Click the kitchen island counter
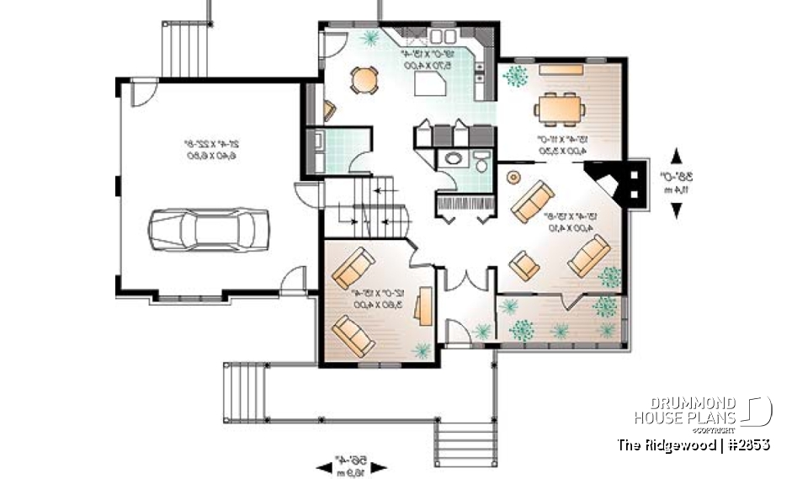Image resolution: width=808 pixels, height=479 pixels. point(435,85)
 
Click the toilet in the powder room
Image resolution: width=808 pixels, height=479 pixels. point(481,162)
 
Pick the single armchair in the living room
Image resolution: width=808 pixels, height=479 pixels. point(526,264)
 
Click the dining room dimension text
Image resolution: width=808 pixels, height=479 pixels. point(557,145)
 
